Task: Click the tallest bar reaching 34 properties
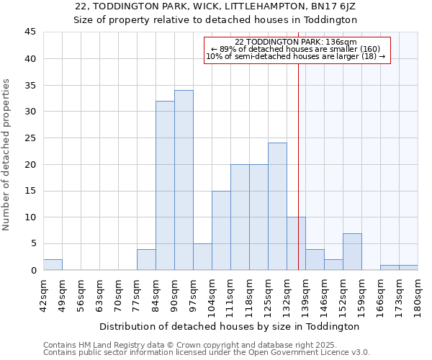click(184, 180)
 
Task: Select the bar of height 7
click(352, 251)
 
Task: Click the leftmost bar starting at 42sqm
click(53, 264)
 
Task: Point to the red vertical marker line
click(298, 158)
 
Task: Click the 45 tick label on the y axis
click(30, 32)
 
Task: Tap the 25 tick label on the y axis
click(30, 138)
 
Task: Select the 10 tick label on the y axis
click(30, 217)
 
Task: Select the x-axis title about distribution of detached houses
click(228, 326)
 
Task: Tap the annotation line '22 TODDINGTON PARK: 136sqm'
click(296, 42)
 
